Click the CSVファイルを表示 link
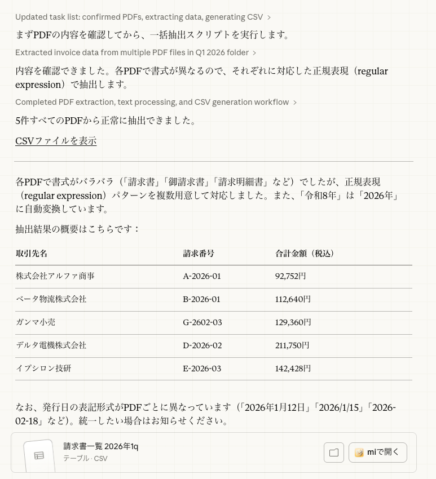(56, 141)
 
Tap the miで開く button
(377, 452)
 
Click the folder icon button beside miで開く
(334, 452)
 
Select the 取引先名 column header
(32, 254)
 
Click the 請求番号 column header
(199, 254)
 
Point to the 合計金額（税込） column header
(305, 254)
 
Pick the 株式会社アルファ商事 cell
(55, 276)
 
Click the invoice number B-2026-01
(201, 299)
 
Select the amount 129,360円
(293, 322)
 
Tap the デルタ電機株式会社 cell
(51, 345)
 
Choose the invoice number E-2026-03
(202, 369)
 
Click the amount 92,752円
(290, 276)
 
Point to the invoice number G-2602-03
(202, 322)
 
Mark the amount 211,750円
(292, 345)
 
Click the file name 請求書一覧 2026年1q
(101, 446)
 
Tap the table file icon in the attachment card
(39, 455)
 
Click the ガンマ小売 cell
(36, 322)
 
